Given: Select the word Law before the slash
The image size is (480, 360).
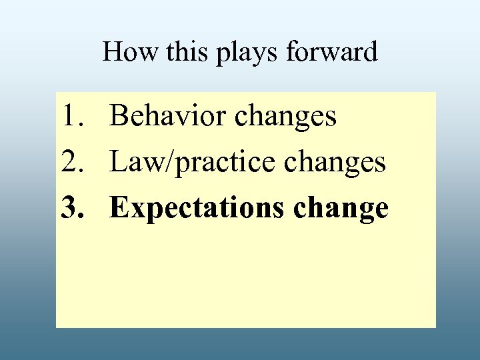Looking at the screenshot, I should click(x=133, y=162).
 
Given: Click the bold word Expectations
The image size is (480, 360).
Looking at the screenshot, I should click(x=197, y=209).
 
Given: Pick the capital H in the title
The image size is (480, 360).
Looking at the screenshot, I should click(x=111, y=52).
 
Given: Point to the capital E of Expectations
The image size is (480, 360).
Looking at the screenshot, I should click(x=120, y=208).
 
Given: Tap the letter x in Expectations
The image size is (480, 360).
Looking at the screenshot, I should click(x=137, y=211).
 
